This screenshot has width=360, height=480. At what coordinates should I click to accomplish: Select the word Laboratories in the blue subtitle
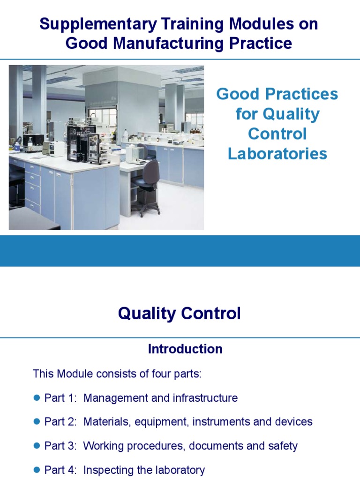pos(277,154)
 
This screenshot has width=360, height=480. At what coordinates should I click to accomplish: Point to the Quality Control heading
pos(180,314)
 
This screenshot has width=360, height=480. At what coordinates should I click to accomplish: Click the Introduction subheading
pos(185,349)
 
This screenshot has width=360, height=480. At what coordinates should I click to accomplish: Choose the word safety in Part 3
pos(283,446)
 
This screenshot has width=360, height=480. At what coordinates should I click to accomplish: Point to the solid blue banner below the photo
pos(180,251)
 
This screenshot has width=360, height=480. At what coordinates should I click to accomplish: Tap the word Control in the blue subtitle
pos(277,134)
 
